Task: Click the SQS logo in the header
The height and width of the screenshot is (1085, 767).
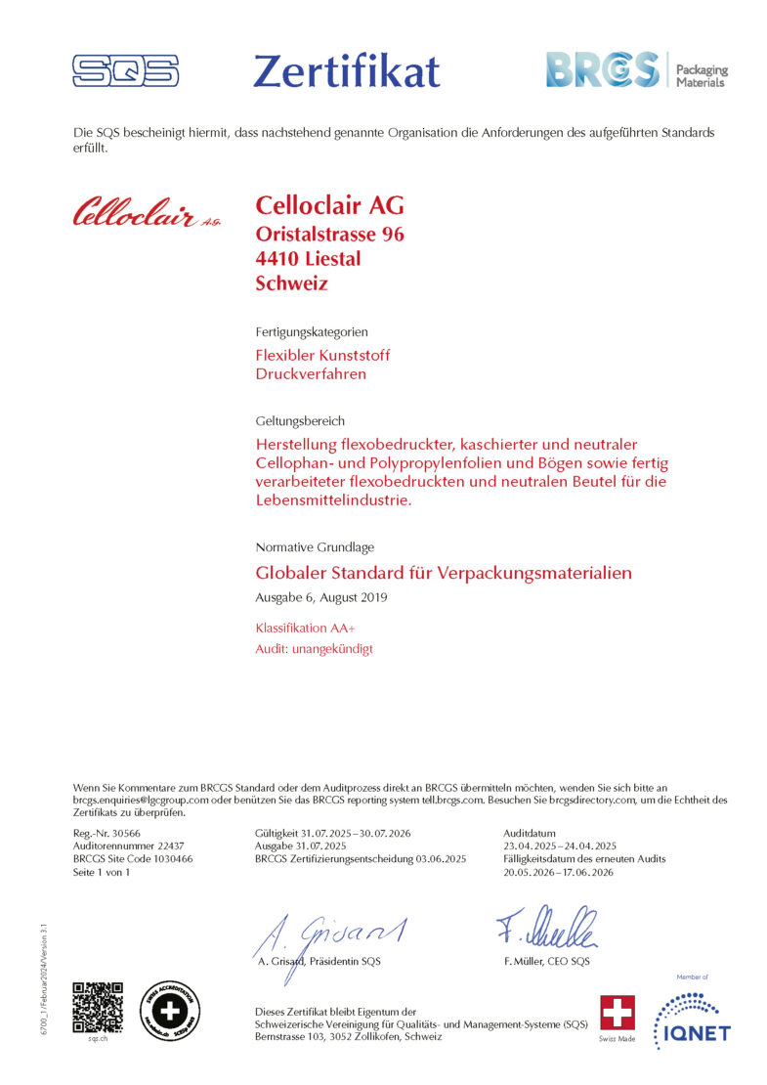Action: point(125,70)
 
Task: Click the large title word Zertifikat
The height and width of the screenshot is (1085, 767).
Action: point(346,70)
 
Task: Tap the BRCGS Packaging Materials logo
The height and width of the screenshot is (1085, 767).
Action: point(636,70)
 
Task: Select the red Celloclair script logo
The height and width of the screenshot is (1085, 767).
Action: point(147,211)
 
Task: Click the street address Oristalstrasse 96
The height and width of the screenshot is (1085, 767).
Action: point(329,235)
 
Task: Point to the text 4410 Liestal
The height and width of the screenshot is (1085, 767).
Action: point(308,259)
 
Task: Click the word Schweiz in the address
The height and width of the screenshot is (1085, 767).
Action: point(291,284)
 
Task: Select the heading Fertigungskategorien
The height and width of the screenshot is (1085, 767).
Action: point(311,332)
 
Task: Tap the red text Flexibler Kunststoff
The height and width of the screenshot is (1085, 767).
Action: point(322,355)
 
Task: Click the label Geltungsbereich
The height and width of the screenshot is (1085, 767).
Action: point(300,421)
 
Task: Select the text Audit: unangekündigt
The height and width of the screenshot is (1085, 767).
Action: point(314,648)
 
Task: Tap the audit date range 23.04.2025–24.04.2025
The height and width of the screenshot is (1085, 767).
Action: point(560,846)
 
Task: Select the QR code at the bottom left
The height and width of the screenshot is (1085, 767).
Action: point(99,1006)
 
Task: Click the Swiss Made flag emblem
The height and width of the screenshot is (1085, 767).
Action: point(617,1012)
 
